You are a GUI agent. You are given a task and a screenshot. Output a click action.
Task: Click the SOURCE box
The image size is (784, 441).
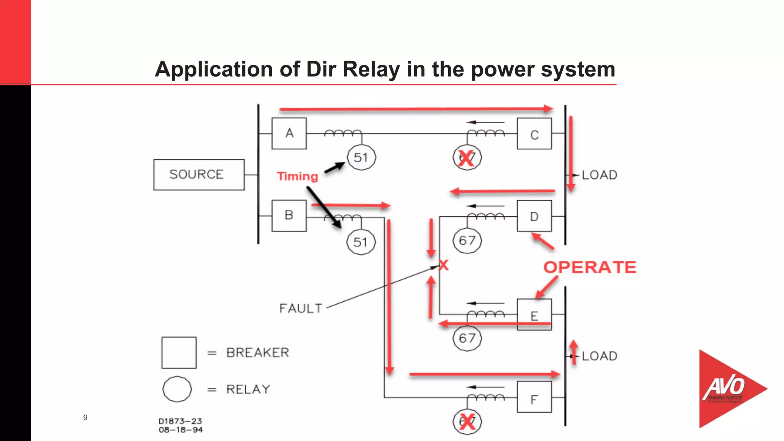point(199,175)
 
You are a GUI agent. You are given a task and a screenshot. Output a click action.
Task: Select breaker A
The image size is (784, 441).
point(289,133)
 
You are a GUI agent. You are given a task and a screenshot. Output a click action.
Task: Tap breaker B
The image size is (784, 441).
point(289,216)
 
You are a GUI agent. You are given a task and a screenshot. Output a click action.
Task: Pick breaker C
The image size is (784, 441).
point(534,134)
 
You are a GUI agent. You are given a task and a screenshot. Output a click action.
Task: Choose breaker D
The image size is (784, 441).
point(534,216)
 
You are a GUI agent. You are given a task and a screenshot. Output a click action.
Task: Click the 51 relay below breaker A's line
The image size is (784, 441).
point(361,157)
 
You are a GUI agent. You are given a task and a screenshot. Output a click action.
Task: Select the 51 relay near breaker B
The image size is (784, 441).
point(361,242)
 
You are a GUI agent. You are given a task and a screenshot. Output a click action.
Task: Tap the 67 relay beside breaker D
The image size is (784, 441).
point(467,241)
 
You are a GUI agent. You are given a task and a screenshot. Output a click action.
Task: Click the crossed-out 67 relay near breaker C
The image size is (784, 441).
point(467,157)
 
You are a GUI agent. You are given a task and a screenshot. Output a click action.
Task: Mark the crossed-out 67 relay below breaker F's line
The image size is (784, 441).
point(467,422)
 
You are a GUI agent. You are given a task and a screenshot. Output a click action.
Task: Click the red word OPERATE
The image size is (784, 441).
point(590,267)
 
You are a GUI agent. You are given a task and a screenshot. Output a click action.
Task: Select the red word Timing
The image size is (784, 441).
point(297,176)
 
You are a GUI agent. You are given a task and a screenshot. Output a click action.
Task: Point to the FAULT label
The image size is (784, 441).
point(301,308)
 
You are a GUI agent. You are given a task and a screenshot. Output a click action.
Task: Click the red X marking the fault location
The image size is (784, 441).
point(443,265)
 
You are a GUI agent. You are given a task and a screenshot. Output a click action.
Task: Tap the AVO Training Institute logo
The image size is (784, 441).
point(727,389)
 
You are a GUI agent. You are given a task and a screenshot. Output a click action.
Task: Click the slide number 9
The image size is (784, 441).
point(85,418)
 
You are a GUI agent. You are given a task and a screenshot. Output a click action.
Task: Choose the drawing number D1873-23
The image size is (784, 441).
point(180,421)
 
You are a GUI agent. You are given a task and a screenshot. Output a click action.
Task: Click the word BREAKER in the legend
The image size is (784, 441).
point(258,353)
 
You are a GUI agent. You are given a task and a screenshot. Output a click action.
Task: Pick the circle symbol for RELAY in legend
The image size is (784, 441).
point(177,389)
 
